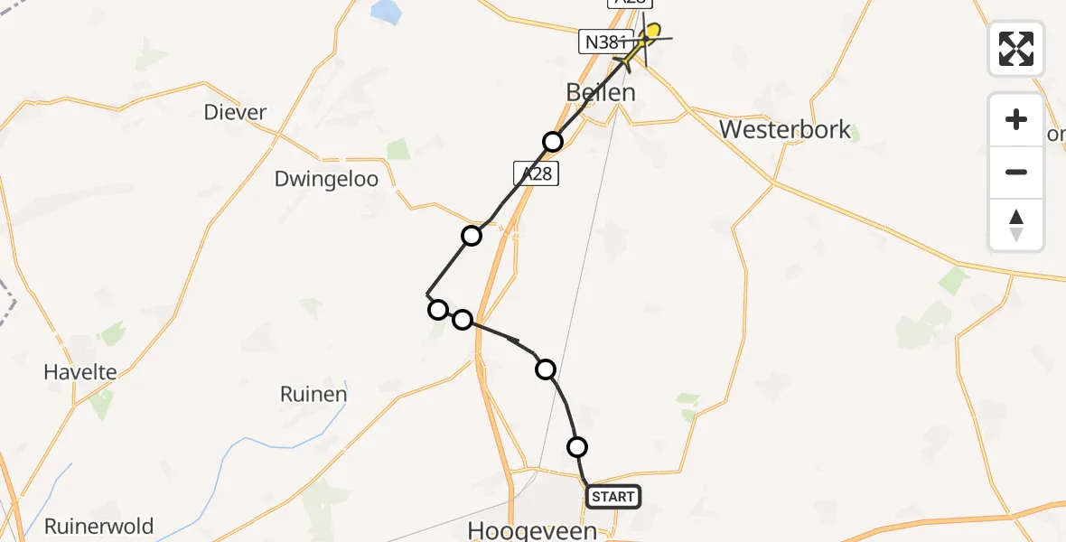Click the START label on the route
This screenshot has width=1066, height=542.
coord(613,496)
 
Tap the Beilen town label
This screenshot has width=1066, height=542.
coord(601,92)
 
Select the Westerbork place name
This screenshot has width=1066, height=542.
coord(785,129)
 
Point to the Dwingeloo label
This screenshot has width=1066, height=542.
coord(326,179)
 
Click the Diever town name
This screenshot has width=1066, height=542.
coord(236,112)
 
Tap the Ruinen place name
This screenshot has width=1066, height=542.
coord(313,395)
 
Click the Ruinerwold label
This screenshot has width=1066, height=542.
coord(99,526)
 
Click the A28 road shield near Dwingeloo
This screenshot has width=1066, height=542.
coord(537,173)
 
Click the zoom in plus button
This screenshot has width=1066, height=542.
coord(1016,119)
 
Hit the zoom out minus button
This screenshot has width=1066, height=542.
coord(1016,172)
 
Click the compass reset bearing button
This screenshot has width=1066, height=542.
coord(1016,225)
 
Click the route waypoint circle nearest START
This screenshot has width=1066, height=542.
coord(577,446)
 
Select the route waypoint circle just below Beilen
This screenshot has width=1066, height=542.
coord(553,141)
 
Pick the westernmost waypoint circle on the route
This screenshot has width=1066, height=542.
coord(438,310)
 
